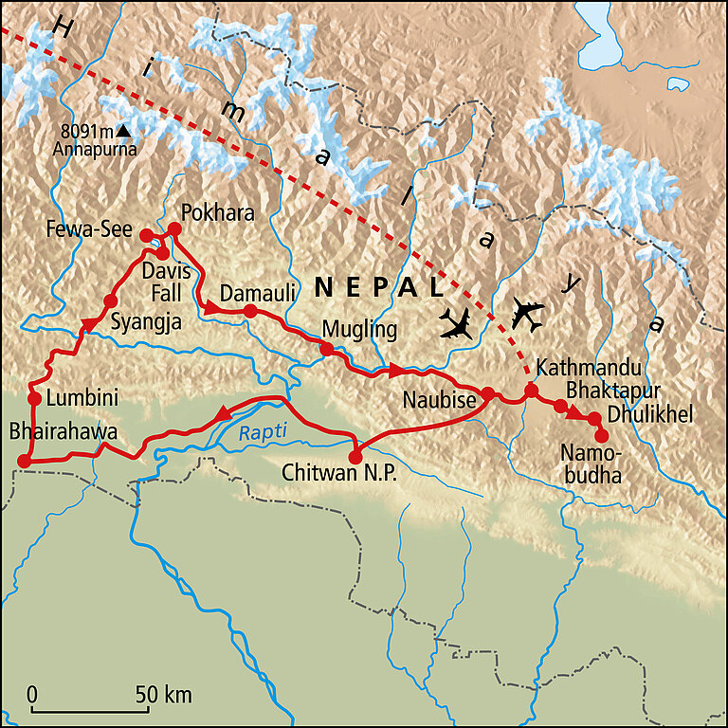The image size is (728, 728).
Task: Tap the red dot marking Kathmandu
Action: pyautogui.click(x=532, y=391)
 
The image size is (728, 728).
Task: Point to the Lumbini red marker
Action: pyautogui.click(x=33, y=398)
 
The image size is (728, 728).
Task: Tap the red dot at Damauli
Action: pyautogui.click(x=250, y=311)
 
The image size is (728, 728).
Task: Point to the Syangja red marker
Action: pyautogui.click(x=109, y=302)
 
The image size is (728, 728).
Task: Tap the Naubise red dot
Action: pyautogui.click(x=487, y=393)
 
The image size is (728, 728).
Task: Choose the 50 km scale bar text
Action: pyautogui.click(x=164, y=694)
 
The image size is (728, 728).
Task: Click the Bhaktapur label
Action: pyautogui.click(x=611, y=390)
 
